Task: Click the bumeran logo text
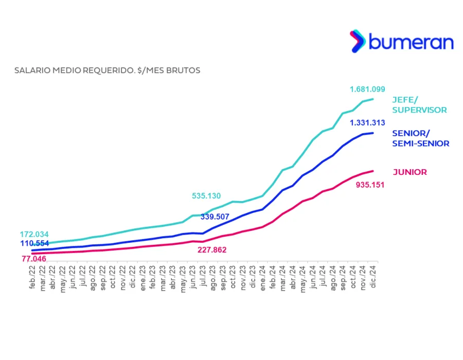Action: point(411,42)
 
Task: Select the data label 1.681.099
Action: point(367,89)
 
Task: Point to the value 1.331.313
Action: point(367,123)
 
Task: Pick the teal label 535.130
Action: point(206,195)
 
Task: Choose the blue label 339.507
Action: point(215,217)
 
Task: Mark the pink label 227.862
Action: point(212,250)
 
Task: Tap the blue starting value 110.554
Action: point(34,243)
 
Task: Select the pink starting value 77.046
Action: point(34,259)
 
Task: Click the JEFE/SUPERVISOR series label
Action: point(419,105)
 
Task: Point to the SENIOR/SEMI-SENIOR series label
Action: point(420,138)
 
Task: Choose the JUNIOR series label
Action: point(409,172)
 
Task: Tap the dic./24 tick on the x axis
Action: point(373,277)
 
